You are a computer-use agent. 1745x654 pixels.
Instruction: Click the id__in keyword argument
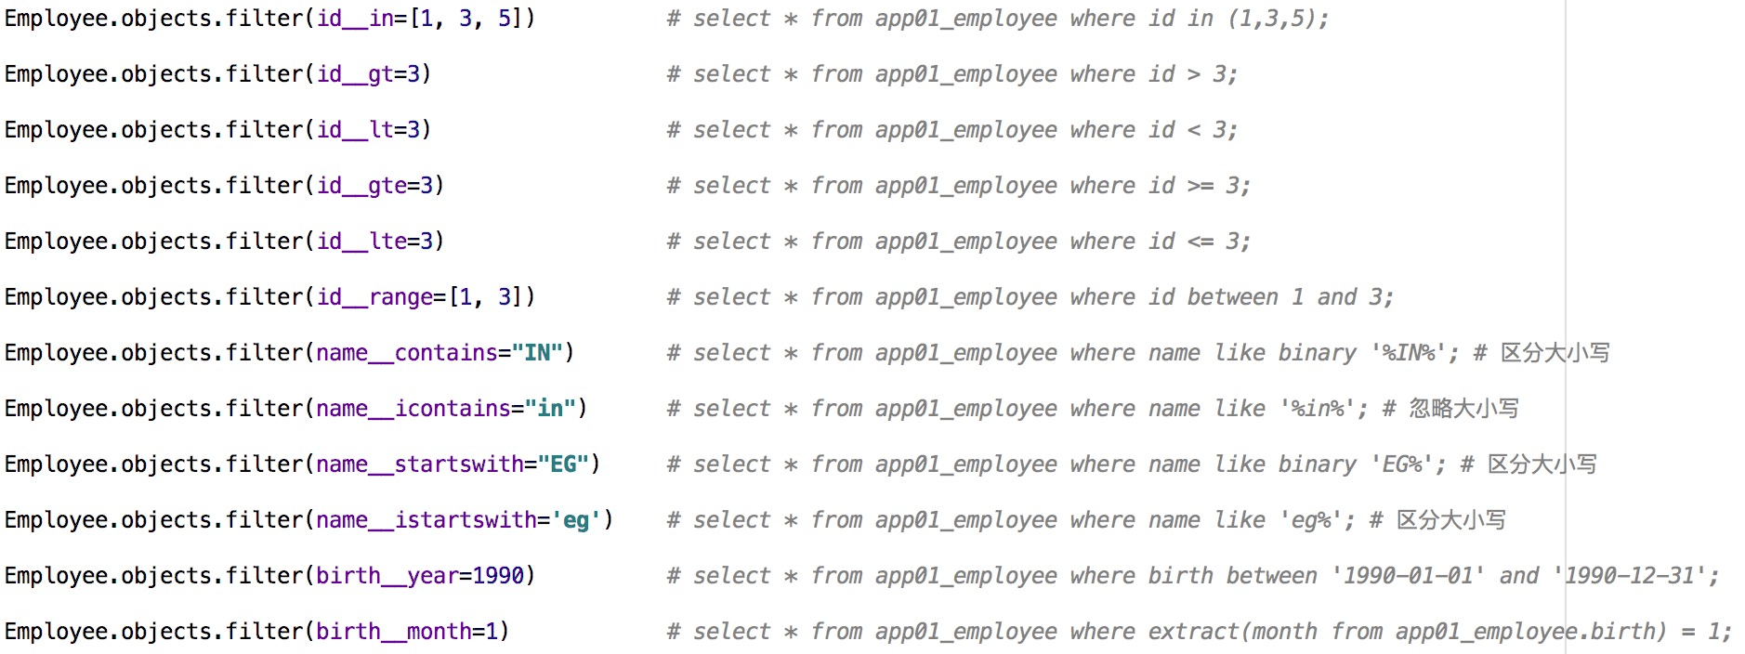355,19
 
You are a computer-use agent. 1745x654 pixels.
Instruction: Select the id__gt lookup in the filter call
355,74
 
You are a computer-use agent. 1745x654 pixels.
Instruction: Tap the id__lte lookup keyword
361,242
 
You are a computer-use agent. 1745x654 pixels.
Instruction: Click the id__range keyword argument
374,297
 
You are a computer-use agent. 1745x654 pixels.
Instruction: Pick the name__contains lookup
407,353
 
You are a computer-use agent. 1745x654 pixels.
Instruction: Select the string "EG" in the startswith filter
563,464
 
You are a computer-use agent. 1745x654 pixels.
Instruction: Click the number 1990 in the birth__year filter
499,576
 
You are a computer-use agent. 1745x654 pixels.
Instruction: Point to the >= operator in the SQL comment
1201,186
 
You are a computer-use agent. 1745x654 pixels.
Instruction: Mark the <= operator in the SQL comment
1201,242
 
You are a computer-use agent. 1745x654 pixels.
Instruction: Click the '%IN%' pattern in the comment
1408,353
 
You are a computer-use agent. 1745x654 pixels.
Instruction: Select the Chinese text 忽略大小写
1463,409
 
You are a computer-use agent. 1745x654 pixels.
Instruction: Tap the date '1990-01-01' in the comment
1408,576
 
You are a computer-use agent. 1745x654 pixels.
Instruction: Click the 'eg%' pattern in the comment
1317,520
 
